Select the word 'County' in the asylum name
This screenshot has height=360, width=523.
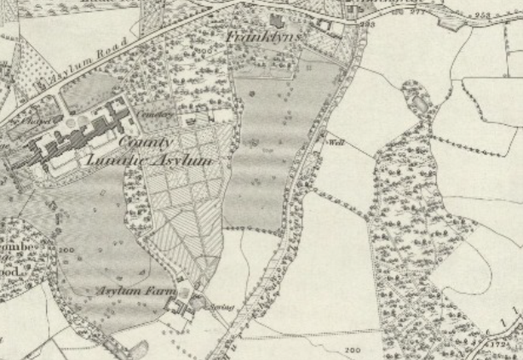(x=146, y=141)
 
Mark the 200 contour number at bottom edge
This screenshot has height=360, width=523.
(x=351, y=351)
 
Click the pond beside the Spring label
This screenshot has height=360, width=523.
(x=200, y=300)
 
